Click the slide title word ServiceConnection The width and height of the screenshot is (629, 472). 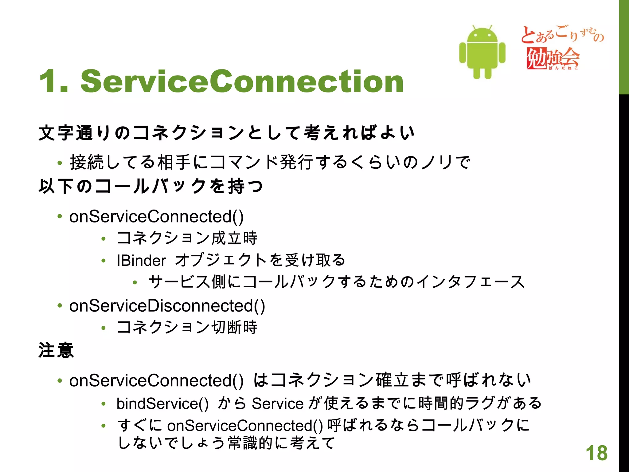tap(242, 81)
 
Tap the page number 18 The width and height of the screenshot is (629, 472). tap(596, 453)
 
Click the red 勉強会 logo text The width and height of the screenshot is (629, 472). tap(552, 58)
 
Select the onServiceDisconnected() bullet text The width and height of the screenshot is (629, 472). tap(167, 306)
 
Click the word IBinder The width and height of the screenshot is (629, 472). tap(141, 261)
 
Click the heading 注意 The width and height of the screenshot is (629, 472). tap(56, 351)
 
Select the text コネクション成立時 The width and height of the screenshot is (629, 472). tap(187, 238)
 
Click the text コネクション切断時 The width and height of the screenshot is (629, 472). tap(187, 327)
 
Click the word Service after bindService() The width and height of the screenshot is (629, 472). tap(278, 403)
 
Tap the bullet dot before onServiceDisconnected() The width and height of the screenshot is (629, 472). tap(60, 305)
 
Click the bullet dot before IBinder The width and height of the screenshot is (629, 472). tap(104, 261)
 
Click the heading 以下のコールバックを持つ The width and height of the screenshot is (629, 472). tap(150, 186)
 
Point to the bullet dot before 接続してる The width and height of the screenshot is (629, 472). tap(60, 163)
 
